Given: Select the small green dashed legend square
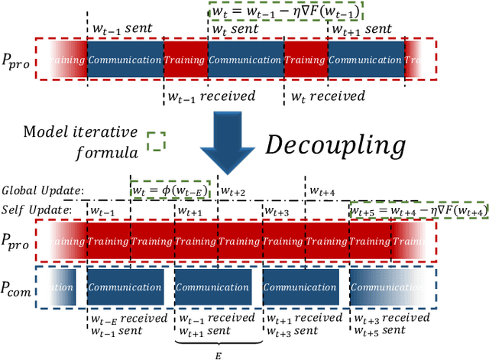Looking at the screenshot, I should (156, 142).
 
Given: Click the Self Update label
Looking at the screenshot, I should (37, 209).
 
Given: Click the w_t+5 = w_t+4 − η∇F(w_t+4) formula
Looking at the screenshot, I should (419, 210).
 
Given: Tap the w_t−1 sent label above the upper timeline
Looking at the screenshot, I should (122, 29).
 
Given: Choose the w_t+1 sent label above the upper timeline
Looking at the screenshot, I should (361, 29).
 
